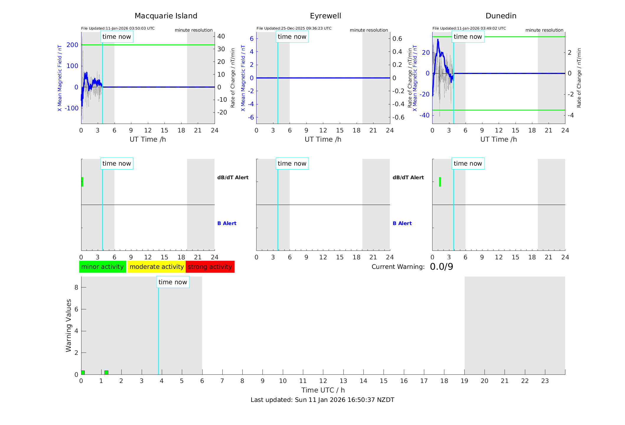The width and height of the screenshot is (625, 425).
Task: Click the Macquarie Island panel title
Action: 166,16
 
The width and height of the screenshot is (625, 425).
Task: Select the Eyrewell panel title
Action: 325,16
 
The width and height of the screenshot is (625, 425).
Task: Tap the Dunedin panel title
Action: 501,16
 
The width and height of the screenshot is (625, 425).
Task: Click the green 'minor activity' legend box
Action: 102,267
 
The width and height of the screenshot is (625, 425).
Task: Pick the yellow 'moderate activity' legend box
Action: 156,267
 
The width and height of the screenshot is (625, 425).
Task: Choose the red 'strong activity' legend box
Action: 210,267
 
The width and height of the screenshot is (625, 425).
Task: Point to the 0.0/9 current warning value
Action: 441,267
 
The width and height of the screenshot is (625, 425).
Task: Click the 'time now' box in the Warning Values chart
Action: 173,282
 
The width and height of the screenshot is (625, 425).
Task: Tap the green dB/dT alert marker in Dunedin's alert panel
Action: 440,182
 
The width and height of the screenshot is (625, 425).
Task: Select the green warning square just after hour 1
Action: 106,372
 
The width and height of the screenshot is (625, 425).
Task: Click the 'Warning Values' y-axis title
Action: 68,325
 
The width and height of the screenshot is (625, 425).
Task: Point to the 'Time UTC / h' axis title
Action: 323,390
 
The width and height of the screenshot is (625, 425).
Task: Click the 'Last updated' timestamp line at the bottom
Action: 322,400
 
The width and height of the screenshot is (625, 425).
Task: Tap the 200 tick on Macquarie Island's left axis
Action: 72,45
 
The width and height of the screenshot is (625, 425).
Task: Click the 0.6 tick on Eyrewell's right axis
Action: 397,39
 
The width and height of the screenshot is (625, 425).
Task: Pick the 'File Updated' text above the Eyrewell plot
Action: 294,28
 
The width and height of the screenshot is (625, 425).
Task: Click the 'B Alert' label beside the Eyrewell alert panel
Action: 402,223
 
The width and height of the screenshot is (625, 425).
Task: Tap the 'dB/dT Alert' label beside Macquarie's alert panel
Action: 233,177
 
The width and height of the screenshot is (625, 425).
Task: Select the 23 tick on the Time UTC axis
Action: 545,381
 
